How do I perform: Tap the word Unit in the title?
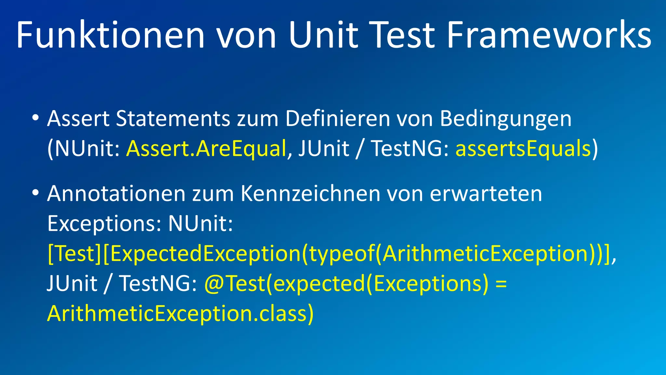pos(323,35)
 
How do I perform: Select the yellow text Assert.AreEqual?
pos(206,149)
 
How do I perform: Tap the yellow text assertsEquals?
pos(523,149)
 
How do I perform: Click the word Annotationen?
pos(116,194)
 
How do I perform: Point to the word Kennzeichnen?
pos(310,194)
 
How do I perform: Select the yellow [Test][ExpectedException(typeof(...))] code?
pos(328,254)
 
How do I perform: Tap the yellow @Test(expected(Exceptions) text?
pos(346,284)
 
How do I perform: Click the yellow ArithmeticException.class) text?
pos(180,314)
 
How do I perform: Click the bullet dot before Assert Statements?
pos(36,118)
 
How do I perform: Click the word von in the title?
pos(246,35)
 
